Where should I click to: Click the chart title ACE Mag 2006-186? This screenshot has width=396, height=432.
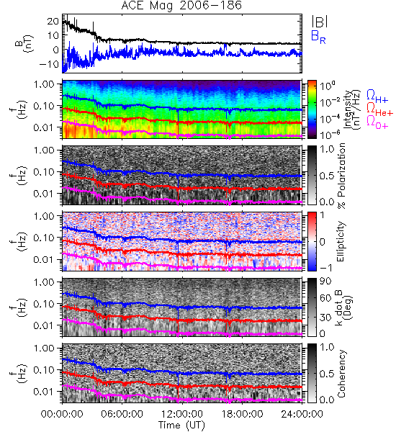[x=181, y=6]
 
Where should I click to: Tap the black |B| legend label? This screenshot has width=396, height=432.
[x=320, y=22]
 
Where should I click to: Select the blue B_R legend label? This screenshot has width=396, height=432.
[x=318, y=37]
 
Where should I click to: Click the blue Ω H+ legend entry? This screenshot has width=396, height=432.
[x=377, y=96]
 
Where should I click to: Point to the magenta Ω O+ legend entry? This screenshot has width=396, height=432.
[x=377, y=122]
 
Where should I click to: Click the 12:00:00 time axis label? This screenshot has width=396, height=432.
[x=182, y=414]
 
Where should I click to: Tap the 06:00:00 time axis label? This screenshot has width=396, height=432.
[x=122, y=414]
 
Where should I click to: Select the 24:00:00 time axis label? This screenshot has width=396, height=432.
[x=302, y=414]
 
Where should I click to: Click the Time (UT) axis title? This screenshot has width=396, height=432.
[x=181, y=425]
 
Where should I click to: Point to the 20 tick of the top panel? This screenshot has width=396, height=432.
[x=53, y=21]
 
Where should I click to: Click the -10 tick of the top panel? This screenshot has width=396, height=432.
[x=49, y=64]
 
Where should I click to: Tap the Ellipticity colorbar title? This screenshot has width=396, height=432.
[x=341, y=241]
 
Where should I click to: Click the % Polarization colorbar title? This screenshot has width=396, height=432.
[x=341, y=176]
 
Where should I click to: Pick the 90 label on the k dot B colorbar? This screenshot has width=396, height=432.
[x=325, y=281]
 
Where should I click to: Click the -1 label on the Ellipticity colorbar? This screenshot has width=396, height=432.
[x=325, y=268]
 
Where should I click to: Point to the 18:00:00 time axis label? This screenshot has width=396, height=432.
[x=242, y=414]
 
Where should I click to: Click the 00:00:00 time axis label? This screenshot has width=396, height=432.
[x=62, y=414]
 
